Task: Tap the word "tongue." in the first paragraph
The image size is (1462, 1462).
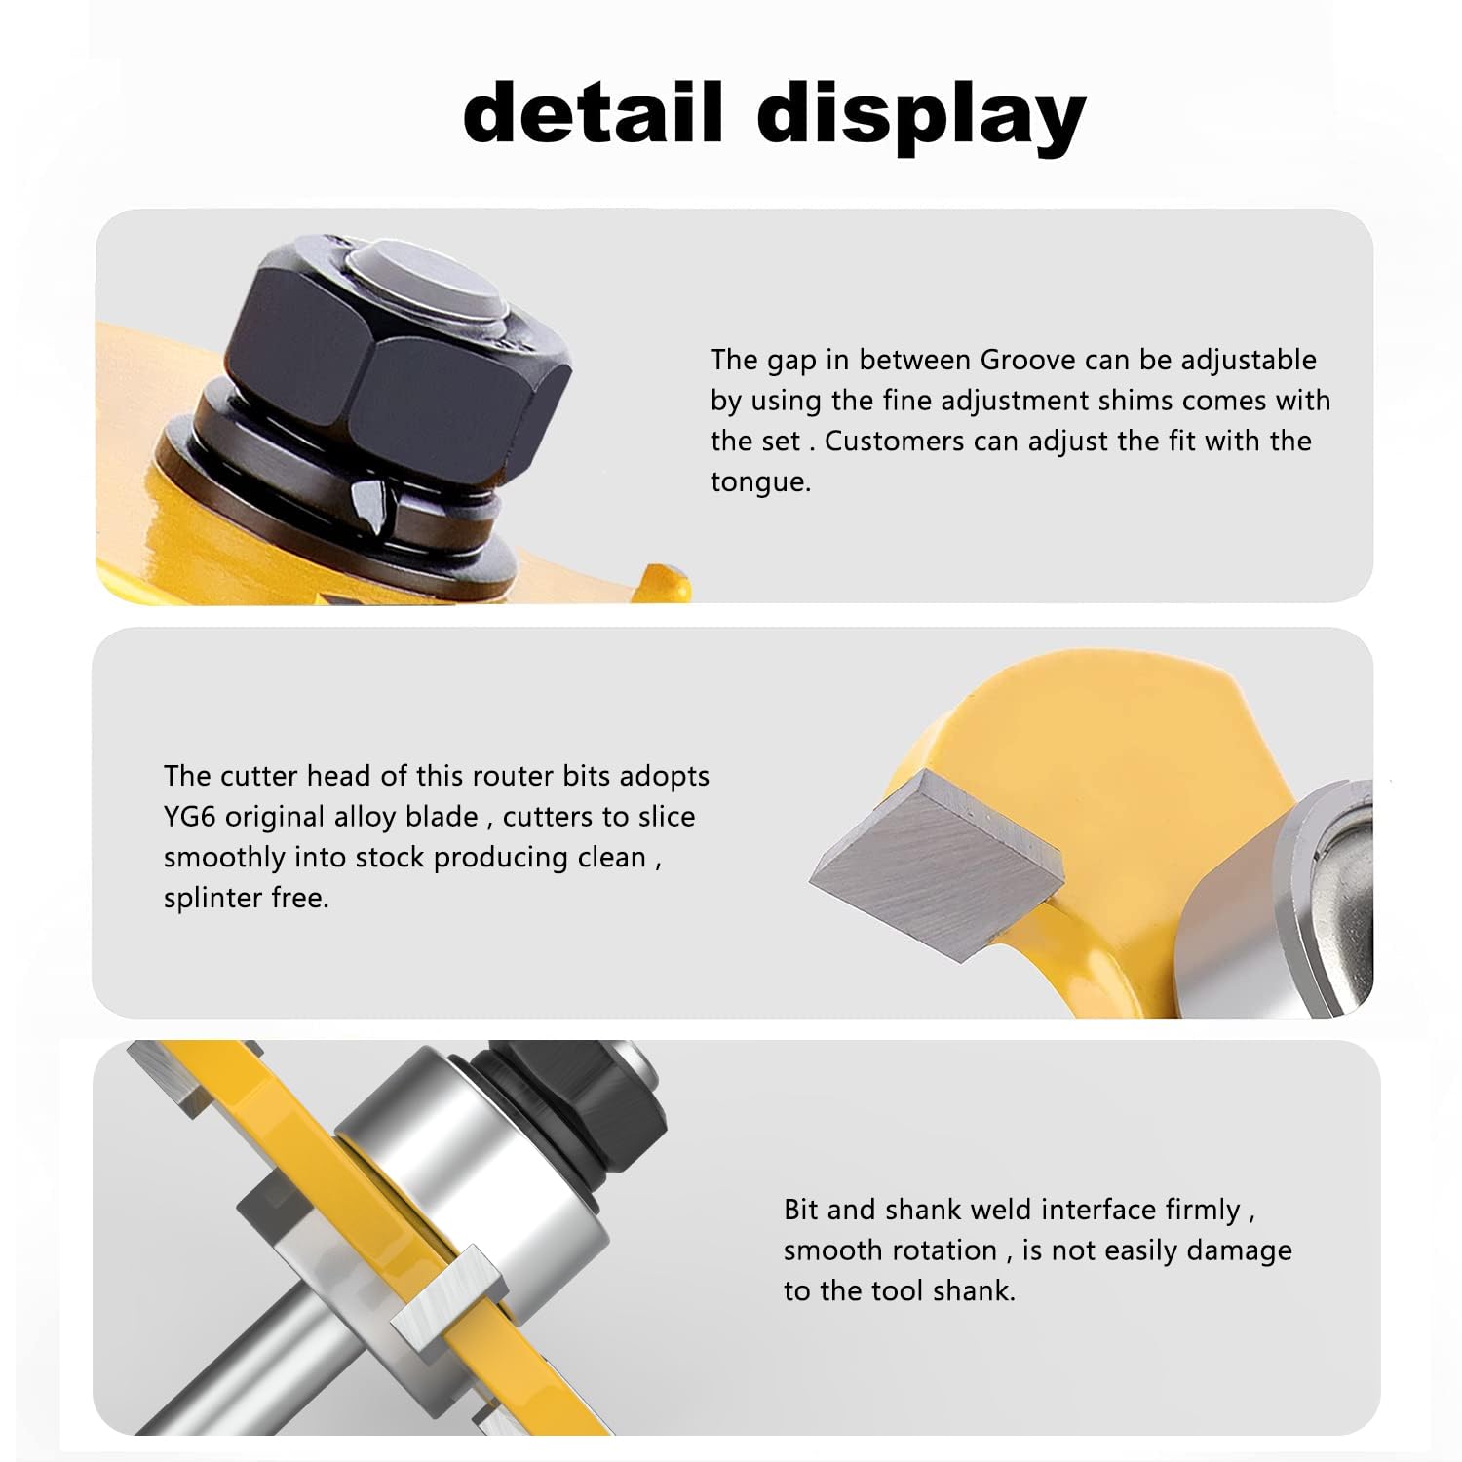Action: point(760,483)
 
